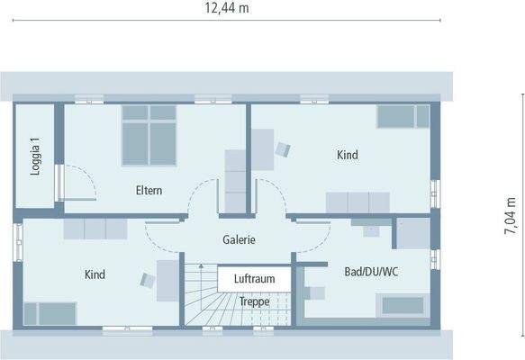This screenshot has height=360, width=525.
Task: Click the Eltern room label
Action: pyautogui.click(x=149, y=190)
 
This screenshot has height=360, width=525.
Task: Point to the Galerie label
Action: pyautogui.click(x=240, y=240)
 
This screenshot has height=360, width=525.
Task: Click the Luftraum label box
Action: pyautogui.click(x=254, y=279)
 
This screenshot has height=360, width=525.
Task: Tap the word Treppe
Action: pyautogui.click(x=255, y=301)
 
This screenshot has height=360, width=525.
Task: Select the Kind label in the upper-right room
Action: pyautogui.click(x=348, y=155)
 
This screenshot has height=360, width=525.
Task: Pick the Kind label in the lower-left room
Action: pyautogui.click(x=95, y=274)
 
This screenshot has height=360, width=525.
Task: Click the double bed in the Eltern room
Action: pyautogui.click(x=149, y=134)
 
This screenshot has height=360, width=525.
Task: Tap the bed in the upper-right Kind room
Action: pyautogui.click(x=403, y=116)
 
